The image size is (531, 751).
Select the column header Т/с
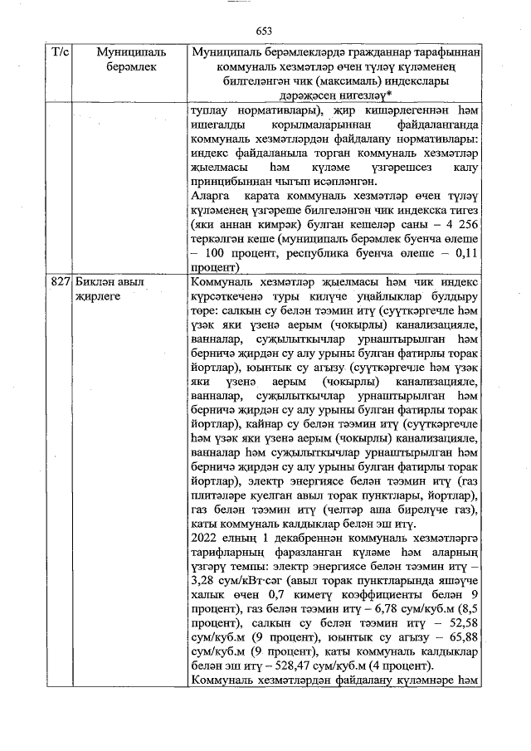click(x=60, y=52)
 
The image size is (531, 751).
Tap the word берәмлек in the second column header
click(x=129, y=67)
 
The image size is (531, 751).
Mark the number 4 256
click(x=461, y=225)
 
